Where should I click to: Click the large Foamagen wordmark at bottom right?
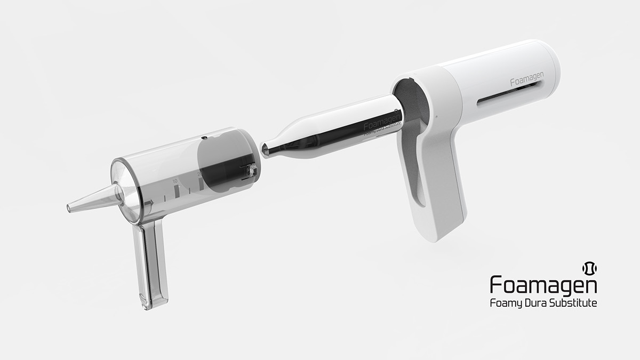[543, 284]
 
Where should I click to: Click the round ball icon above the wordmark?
[589, 267]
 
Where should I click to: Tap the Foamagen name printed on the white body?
[526, 81]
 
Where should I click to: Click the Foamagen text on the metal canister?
[379, 126]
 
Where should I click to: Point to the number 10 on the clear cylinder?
[175, 181]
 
